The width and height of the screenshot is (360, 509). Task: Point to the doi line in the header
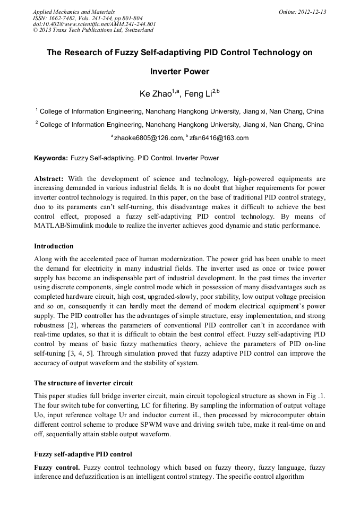94,24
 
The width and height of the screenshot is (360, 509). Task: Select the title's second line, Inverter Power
179,71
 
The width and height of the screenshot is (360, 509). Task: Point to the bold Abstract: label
49,178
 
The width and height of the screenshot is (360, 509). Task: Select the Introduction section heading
54,246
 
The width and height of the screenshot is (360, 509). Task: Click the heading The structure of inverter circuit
83,383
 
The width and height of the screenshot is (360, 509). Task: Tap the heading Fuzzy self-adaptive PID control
83,454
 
